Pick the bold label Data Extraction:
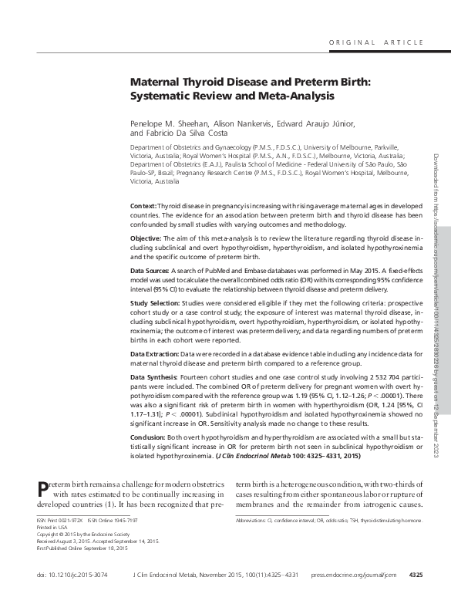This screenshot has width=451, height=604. pos(157,353)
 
